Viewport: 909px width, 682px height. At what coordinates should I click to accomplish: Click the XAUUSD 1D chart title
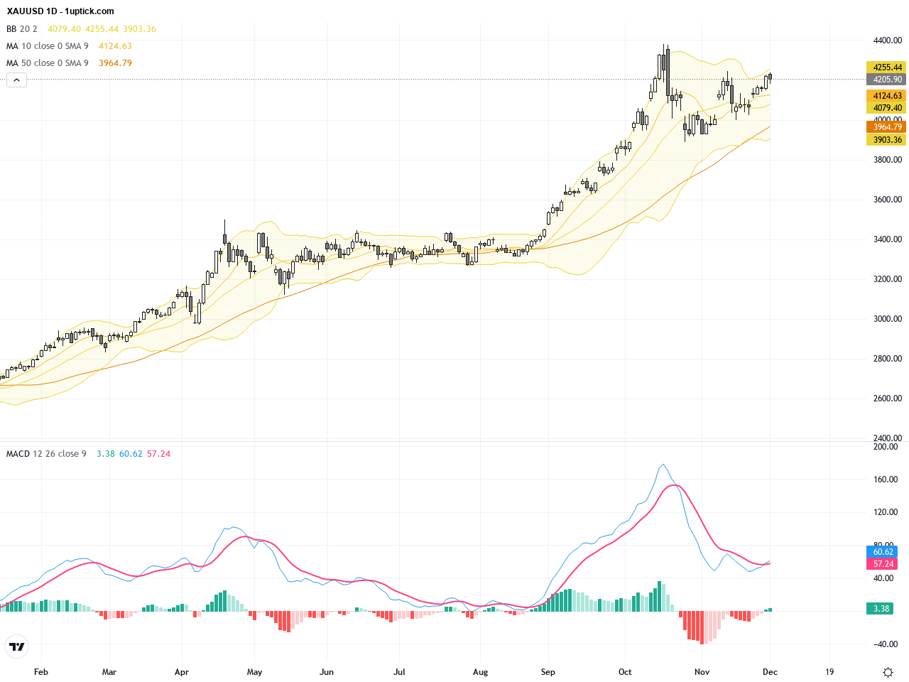[x=60, y=11]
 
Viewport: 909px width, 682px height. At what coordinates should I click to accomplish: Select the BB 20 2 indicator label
[x=22, y=29]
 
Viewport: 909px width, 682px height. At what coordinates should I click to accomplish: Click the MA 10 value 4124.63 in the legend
[x=115, y=46]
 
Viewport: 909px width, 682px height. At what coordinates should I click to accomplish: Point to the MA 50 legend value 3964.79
[x=115, y=63]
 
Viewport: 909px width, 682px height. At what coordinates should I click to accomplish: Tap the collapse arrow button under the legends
[x=16, y=80]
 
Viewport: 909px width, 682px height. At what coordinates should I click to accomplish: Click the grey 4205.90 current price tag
[x=887, y=80]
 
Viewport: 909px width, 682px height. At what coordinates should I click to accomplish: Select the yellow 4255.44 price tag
[x=887, y=67]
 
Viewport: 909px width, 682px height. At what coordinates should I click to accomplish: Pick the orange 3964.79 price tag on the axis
[x=887, y=127]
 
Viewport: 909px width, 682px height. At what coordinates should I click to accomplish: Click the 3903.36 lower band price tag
[x=887, y=140]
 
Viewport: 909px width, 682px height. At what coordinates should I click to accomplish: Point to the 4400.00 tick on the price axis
[x=888, y=40]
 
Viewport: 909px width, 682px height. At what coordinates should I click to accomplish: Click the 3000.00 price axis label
[x=888, y=319]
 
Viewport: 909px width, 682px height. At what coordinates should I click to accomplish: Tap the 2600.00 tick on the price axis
[x=888, y=399]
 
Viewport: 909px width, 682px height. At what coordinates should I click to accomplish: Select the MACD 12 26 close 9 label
[x=46, y=454]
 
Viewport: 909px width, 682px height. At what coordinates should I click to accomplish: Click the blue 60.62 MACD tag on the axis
[x=883, y=552]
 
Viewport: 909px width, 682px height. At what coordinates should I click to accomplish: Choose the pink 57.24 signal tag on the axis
[x=883, y=564]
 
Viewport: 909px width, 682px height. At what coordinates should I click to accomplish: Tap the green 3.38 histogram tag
[x=881, y=609]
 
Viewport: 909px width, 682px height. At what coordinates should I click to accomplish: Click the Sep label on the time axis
[x=548, y=672]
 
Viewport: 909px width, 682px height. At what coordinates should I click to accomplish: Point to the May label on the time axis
[x=254, y=672]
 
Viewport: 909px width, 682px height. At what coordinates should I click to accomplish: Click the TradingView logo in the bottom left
[x=16, y=646]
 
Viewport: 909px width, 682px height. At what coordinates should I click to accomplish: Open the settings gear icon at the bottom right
[x=888, y=672]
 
